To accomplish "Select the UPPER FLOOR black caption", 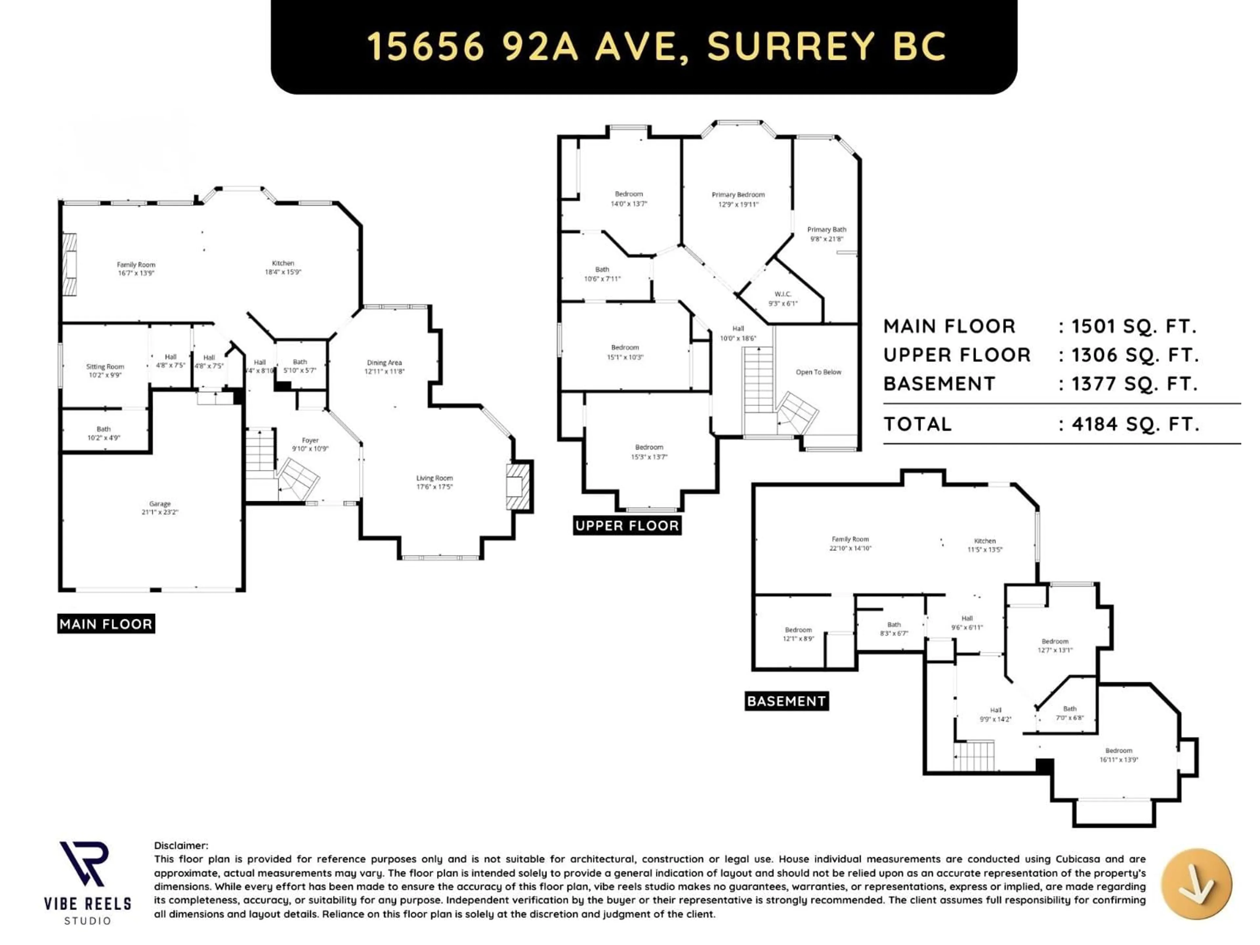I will click(x=627, y=526).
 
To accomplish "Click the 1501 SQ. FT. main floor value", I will click(x=1134, y=327).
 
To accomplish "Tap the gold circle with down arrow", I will click(x=1196, y=884).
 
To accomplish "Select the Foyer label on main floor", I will click(x=310, y=440).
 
